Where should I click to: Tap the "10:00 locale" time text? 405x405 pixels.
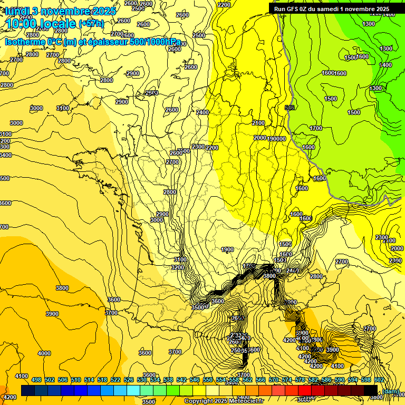[x=41, y=24]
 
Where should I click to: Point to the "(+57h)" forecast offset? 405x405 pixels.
[x=91, y=24]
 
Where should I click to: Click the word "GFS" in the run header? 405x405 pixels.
[x=297, y=8]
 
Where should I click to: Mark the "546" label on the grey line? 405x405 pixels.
[x=289, y=108]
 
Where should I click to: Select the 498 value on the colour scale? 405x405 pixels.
[x=36, y=380]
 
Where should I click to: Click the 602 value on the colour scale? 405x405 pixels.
[x=379, y=380]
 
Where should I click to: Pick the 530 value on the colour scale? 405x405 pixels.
[x=142, y=380]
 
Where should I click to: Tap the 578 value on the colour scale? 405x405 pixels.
[x=300, y=380]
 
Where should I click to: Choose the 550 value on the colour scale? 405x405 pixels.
[x=208, y=380]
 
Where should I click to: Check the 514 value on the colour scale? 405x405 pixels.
[x=89, y=380]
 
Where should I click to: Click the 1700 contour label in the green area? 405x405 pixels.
[x=316, y=128]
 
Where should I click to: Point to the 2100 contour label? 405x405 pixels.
[x=258, y=123]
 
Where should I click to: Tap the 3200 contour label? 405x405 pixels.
[x=177, y=267]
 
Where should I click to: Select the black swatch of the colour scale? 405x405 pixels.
[x=371, y=390]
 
